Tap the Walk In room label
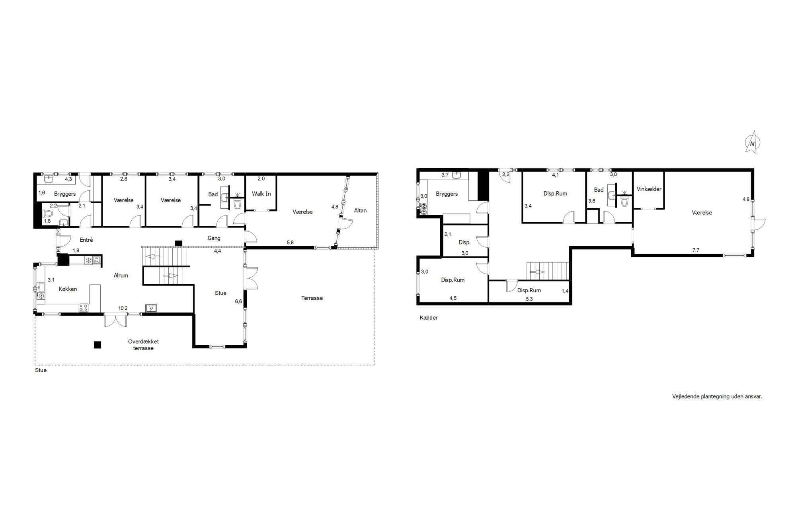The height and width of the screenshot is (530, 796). (x=261, y=194)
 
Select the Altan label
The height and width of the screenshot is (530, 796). (x=360, y=210)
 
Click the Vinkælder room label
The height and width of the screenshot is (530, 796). (x=649, y=189)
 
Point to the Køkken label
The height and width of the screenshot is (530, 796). (x=68, y=289)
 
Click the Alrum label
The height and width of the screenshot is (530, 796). (x=121, y=276)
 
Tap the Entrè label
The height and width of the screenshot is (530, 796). (x=86, y=240)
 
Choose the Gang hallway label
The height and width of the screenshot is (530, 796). (x=214, y=238)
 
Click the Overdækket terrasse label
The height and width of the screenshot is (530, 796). (x=143, y=345)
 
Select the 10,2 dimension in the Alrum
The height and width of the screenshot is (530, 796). (x=123, y=308)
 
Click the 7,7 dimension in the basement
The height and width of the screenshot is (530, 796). (x=696, y=250)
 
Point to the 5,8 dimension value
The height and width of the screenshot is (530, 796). (x=290, y=242)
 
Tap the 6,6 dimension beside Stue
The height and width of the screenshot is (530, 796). (x=238, y=301)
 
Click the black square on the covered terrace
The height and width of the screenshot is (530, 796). (x=98, y=345)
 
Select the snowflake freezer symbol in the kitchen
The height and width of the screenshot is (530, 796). (x=89, y=260)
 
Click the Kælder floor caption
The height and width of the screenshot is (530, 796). (x=429, y=318)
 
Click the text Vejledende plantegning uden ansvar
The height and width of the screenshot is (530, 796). (x=717, y=396)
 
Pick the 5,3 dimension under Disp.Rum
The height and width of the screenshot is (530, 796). (x=529, y=299)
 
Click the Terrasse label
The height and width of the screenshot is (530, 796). (x=312, y=298)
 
